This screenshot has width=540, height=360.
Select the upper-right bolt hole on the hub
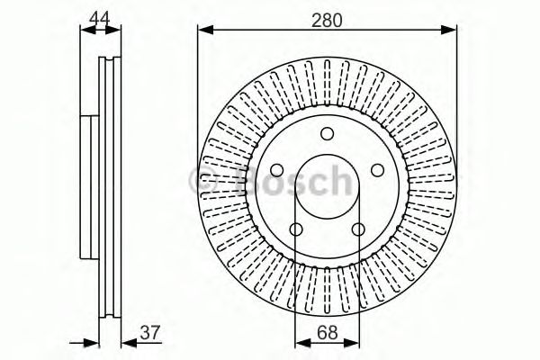coord(372,169)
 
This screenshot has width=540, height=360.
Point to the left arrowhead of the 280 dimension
coord(203,31)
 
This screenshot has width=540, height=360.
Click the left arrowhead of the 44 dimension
coord(85,31)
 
